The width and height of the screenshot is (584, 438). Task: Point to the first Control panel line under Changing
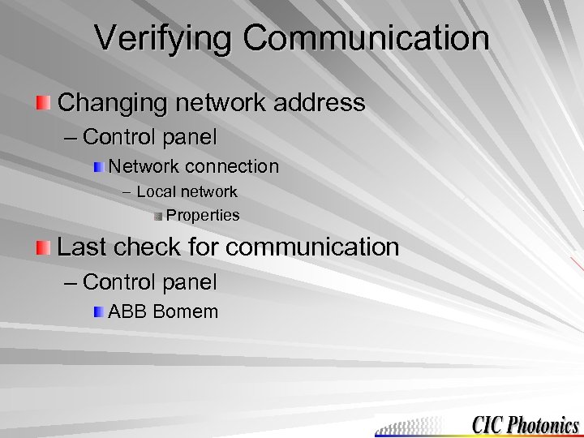[x=150, y=137]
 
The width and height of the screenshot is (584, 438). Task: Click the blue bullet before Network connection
[x=98, y=167]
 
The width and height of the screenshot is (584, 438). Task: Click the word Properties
[x=203, y=215]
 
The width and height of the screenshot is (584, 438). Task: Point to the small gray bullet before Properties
[x=158, y=216]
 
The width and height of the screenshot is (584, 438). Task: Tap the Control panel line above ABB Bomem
[x=150, y=282]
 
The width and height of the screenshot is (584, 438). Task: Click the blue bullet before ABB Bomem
[x=98, y=312]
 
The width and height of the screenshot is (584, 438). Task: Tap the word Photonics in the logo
[x=545, y=424]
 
